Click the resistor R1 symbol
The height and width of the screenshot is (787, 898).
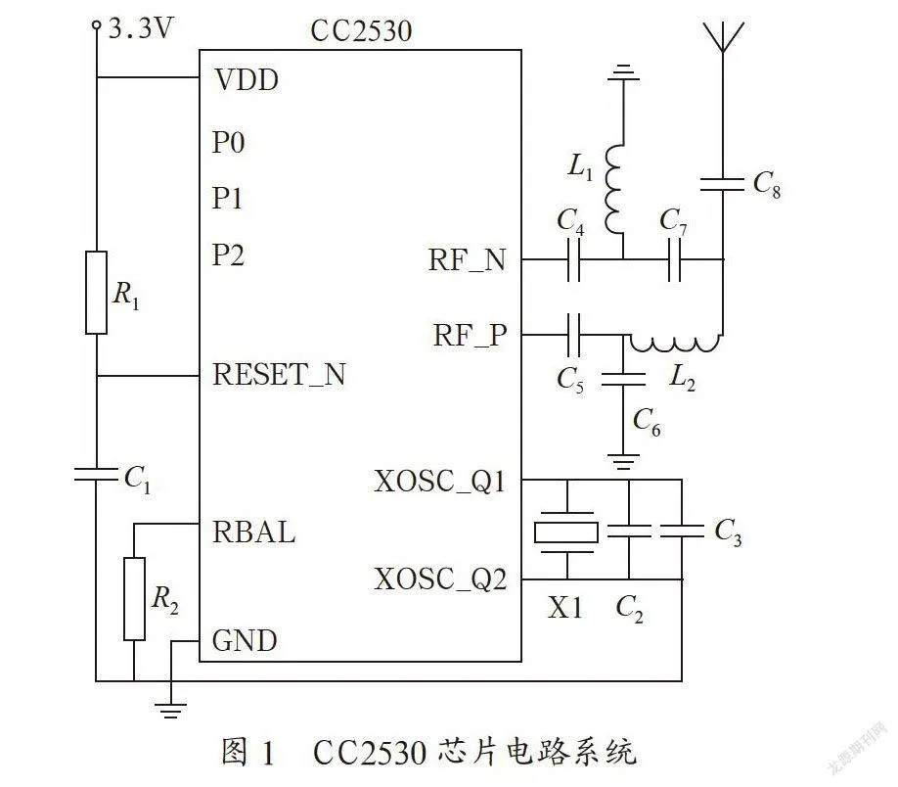pyautogui.click(x=96, y=293)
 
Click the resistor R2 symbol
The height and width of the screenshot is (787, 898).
pyautogui.click(x=134, y=598)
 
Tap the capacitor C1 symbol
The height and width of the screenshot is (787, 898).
pyautogui.click(x=96, y=474)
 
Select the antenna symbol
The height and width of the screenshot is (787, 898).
pyautogui.click(x=723, y=38)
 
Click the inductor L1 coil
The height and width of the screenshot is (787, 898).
pyautogui.click(x=615, y=189)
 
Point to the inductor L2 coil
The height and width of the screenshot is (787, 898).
pyautogui.click(x=675, y=343)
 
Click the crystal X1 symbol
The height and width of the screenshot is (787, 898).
pyautogui.click(x=566, y=532)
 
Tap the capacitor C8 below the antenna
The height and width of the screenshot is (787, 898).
pyautogui.click(x=723, y=185)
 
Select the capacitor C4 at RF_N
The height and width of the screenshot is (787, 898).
pyautogui.click(x=574, y=259)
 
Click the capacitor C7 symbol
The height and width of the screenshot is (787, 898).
pyautogui.click(x=675, y=259)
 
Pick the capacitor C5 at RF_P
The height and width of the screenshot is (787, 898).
pyautogui.click(x=574, y=335)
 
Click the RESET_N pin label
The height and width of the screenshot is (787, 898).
pyautogui.click(x=279, y=375)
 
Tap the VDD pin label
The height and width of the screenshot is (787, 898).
pyautogui.click(x=247, y=79)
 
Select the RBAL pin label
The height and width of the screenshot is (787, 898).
pyautogui.click(x=253, y=532)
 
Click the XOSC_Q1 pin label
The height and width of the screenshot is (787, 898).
pyautogui.click(x=440, y=482)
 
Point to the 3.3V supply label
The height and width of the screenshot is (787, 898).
pyautogui.click(x=140, y=28)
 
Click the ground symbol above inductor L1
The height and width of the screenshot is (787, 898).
pyautogui.click(x=623, y=72)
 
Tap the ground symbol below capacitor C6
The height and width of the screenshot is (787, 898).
pyautogui.click(x=624, y=461)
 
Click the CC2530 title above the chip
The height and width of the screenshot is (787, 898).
pyautogui.click(x=361, y=31)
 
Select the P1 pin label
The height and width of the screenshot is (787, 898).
pyautogui.click(x=227, y=199)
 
